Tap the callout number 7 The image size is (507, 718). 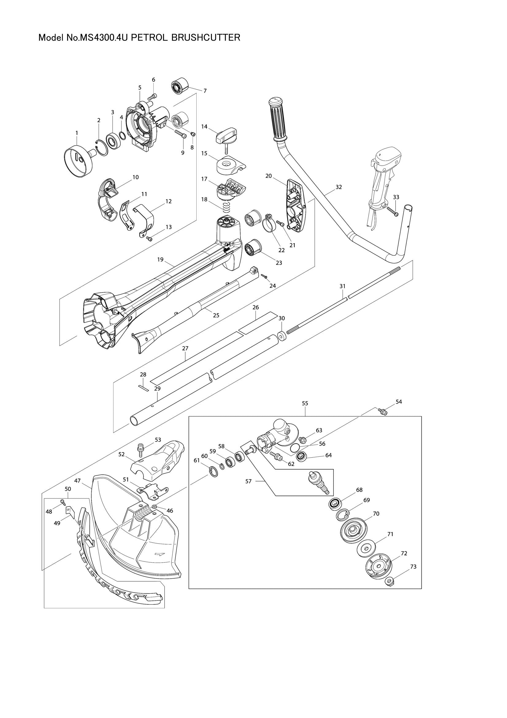point(205,91)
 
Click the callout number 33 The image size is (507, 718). point(396,197)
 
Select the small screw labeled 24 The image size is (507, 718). point(265,277)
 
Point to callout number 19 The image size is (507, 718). point(160,260)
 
